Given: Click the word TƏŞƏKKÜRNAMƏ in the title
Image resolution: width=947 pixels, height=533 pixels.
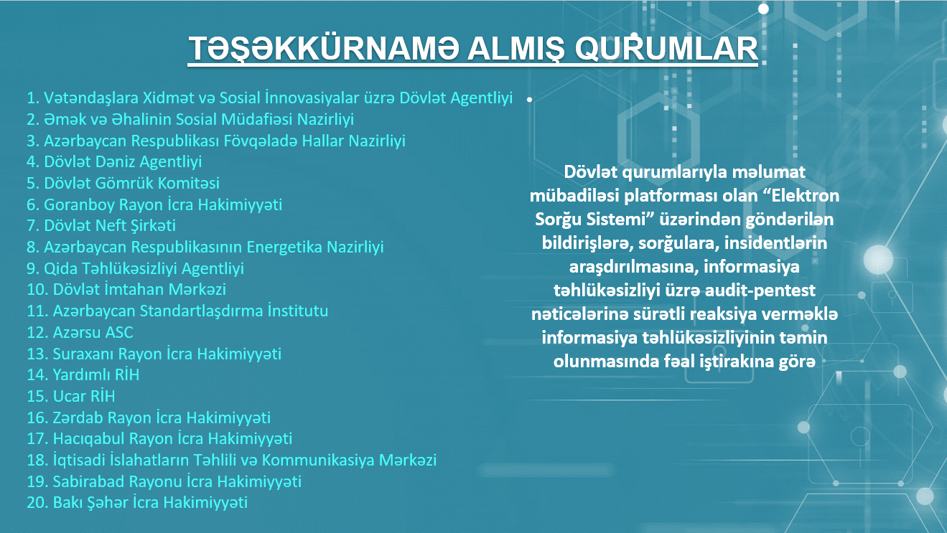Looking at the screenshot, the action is click(324, 48).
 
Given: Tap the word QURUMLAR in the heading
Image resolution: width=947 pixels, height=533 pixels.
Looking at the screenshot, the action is click(666, 49).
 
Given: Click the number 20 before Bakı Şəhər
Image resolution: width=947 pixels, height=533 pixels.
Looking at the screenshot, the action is click(37, 503).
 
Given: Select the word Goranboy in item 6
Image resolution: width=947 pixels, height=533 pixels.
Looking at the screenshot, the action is click(79, 205).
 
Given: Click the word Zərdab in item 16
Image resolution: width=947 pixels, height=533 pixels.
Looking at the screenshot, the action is click(78, 418).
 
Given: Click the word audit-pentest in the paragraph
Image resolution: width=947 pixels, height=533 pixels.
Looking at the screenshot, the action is click(748, 291).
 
